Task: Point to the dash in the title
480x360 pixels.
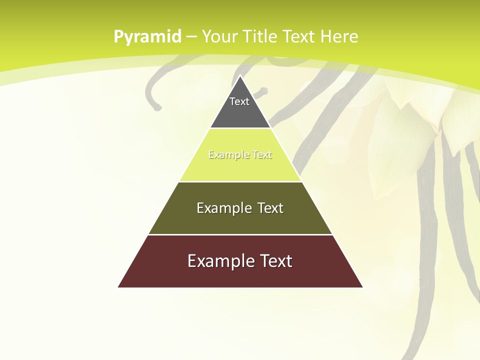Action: point(191,37)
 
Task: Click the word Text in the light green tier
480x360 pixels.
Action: point(262,155)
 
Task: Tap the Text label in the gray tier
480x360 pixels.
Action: point(239,101)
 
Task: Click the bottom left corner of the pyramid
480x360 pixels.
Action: point(119,286)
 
